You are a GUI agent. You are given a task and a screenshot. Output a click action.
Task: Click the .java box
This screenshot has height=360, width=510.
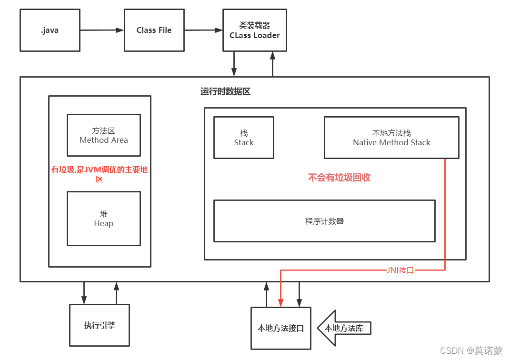50,30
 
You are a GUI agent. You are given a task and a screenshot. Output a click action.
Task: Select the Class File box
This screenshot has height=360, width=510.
154,30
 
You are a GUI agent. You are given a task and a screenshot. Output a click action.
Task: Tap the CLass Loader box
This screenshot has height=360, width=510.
255,30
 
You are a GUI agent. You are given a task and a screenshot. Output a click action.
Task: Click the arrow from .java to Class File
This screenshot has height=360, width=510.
101,30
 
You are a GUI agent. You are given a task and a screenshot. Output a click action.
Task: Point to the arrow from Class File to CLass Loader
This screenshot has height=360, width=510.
203,30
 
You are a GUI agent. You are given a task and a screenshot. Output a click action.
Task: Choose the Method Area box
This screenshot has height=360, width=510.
104,135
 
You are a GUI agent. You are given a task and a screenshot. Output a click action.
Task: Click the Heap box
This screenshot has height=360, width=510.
104,219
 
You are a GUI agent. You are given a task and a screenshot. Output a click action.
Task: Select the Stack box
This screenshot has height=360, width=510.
244,138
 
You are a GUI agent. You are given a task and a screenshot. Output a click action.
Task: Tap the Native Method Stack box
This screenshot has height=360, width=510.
391,138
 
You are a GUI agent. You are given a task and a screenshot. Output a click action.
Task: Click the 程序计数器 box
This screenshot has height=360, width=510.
324,221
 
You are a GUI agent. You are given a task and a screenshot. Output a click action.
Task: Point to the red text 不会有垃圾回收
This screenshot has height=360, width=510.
339,178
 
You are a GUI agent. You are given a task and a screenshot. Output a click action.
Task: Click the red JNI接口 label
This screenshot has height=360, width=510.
400,270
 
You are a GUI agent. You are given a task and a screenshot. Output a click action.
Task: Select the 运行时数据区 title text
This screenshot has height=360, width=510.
225,91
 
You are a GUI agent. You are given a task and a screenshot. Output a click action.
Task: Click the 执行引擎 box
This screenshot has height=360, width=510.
100,325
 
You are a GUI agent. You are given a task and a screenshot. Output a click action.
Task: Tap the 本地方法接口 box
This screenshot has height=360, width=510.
280,328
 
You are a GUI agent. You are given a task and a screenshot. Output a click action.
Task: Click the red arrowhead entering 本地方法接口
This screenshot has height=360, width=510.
280,302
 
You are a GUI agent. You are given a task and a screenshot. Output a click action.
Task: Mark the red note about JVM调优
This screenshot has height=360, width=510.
100,174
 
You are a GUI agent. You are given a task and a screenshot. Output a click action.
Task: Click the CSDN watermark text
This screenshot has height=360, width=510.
471,350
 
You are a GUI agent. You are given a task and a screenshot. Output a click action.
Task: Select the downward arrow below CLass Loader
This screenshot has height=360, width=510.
234,64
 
